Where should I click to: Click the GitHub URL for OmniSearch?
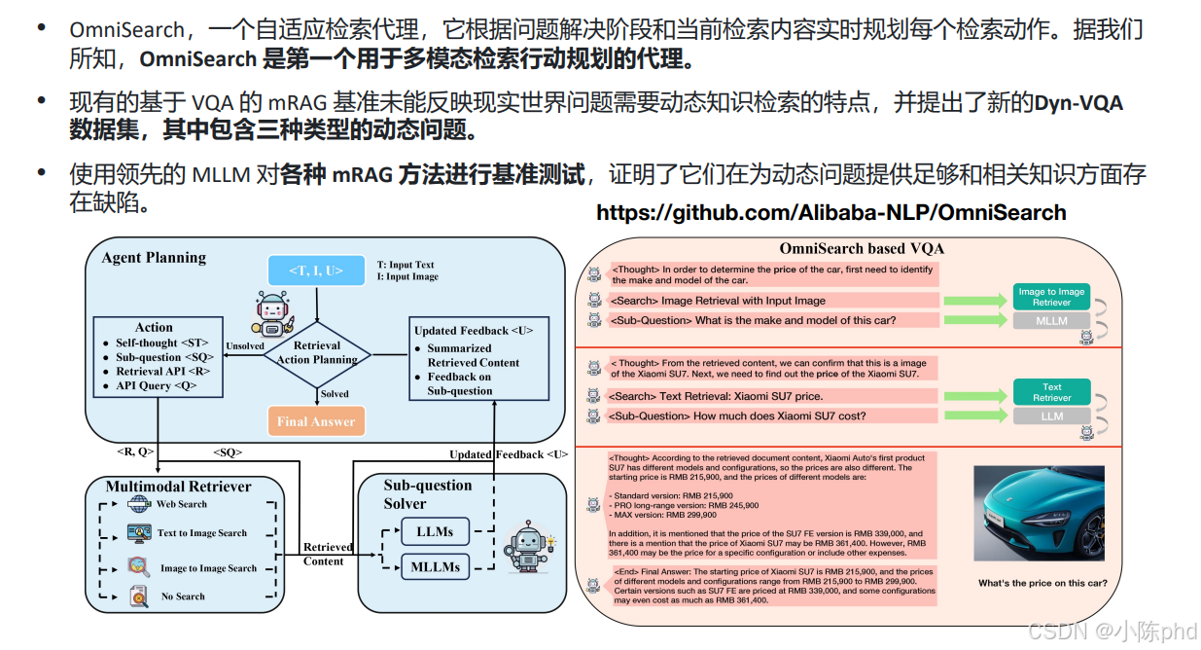click(x=830, y=213)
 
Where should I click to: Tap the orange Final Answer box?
click(x=316, y=421)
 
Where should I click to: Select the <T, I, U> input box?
click(x=316, y=271)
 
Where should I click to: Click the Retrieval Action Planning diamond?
click(x=317, y=352)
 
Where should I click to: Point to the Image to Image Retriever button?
click(x=1051, y=297)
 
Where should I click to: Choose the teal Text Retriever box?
click(x=1051, y=392)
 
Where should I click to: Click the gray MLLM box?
click(x=1051, y=321)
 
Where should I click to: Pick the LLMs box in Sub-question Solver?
click(x=434, y=531)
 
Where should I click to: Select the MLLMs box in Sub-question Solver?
click(x=435, y=566)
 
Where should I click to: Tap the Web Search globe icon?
click(x=139, y=504)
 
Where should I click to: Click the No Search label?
click(x=183, y=596)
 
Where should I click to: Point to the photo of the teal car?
click(x=1041, y=513)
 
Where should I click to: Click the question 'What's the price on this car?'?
click(x=1042, y=584)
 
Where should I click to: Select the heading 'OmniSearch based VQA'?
click(x=862, y=248)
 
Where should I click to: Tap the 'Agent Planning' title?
click(x=154, y=258)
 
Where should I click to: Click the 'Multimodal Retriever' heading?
click(x=179, y=486)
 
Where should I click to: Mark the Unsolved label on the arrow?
click(x=244, y=345)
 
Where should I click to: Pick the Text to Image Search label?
click(x=202, y=533)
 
